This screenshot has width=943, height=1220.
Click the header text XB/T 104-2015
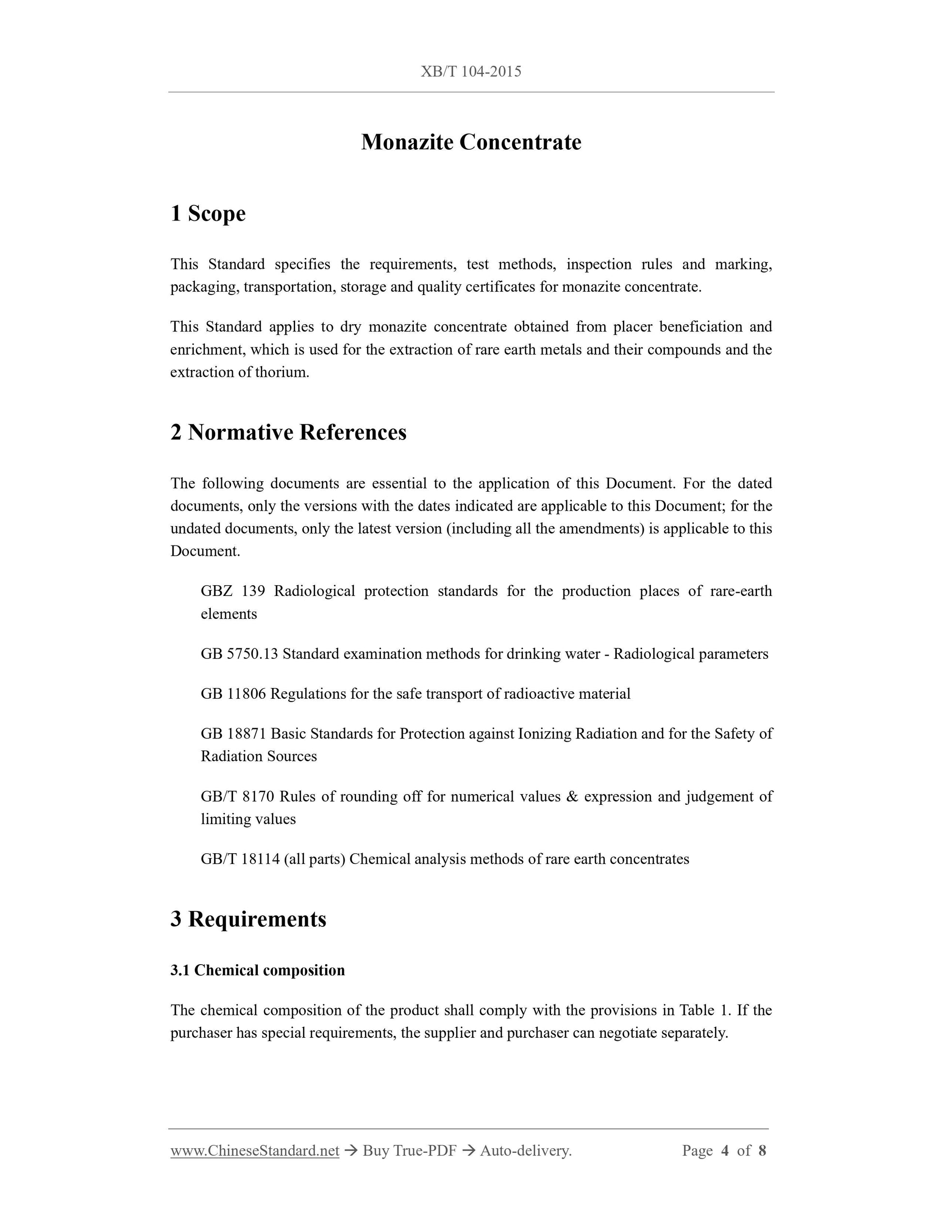coord(471,72)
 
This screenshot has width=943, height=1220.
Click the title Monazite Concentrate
coord(471,142)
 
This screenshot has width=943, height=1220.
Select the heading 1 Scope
coord(208,213)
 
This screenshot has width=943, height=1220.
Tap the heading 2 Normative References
coord(288,432)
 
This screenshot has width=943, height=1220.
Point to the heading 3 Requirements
coord(248,919)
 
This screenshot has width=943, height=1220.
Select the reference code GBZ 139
coord(233,591)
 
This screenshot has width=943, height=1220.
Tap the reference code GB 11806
coord(233,694)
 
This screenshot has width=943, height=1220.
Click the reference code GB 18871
coord(233,734)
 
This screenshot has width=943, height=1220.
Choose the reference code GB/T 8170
coord(237,796)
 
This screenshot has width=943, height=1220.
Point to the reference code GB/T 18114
coord(240,859)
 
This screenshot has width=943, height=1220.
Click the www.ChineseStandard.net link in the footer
coord(255,1151)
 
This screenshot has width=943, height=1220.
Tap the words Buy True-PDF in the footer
coord(409,1151)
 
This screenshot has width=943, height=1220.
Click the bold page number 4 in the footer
coord(725,1151)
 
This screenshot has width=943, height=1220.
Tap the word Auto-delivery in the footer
coord(525,1151)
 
